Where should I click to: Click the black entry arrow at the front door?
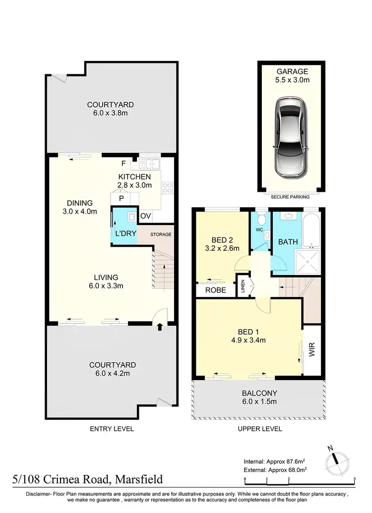click(160, 327)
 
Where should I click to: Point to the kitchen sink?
click(149, 164)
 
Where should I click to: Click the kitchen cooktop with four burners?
click(168, 187)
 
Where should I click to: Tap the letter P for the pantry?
click(121, 199)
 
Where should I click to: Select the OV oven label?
click(145, 216)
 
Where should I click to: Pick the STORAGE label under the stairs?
click(162, 234)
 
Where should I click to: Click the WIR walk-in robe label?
click(312, 353)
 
